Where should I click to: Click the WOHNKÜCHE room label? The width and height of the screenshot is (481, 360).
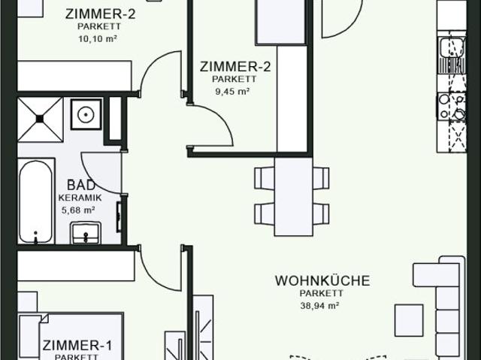[322, 281]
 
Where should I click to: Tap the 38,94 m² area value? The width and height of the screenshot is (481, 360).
[322, 306]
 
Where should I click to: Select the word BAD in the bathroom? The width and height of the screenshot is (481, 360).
[80, 185]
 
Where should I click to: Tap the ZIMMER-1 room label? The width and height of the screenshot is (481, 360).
[77, 346]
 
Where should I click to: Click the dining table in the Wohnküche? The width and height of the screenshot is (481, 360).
[293, 196]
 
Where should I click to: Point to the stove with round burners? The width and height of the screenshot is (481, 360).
[452, 106]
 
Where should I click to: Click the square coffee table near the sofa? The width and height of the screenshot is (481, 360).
[409, 319]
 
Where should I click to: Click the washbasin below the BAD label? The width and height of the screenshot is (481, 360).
[85, 233]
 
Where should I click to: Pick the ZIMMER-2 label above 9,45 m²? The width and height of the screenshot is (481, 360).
[235, 66]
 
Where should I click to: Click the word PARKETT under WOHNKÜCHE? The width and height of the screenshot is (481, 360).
[322, 294]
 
